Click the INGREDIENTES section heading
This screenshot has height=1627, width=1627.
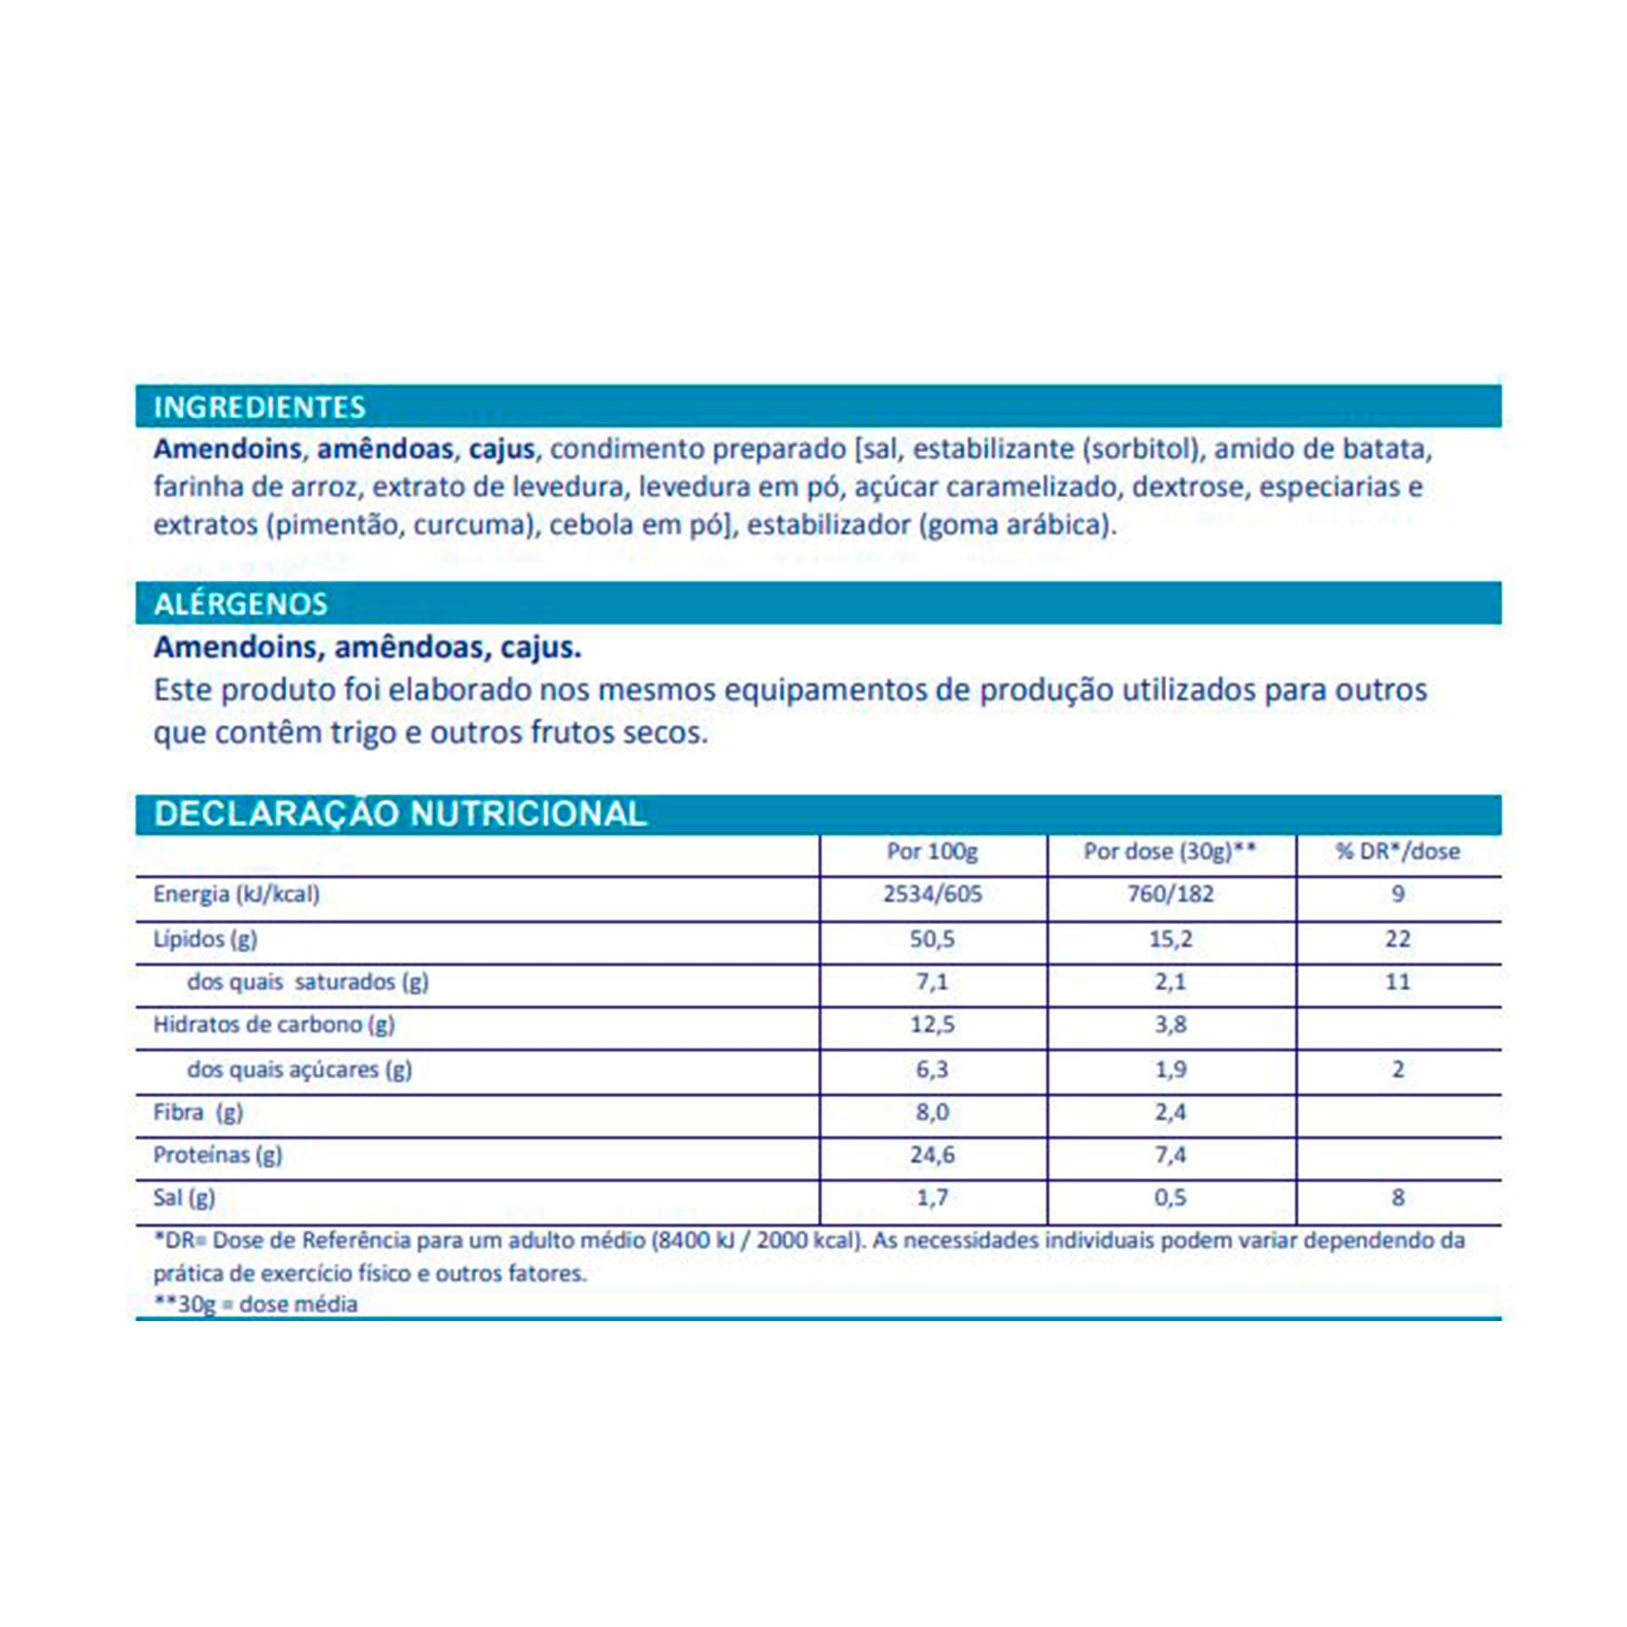(259, 408)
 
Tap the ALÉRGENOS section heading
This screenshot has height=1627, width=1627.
(241, 604)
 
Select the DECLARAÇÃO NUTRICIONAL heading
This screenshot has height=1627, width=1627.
(400, 813)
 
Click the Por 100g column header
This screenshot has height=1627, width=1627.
(932, 851)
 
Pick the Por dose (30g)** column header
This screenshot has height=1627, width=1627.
(1169, 851)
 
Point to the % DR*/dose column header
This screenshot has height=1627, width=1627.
(1397, 851)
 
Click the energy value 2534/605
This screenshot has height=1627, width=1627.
(932, 894)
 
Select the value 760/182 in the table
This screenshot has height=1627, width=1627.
(1169, 894)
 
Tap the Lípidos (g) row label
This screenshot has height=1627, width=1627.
(205, 939)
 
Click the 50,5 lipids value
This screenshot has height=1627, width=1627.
(932, 939)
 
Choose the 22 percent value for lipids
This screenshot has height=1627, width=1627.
(1397, 939)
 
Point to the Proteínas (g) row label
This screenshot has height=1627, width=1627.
(217, 1155)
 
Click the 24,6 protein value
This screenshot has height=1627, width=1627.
(932, 1155)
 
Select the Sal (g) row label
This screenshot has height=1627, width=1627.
(184, 1198)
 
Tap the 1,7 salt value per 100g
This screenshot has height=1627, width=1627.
(932, 1198)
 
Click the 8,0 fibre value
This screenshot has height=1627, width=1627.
(932, 1112)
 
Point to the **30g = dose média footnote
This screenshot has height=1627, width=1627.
(255, 1304)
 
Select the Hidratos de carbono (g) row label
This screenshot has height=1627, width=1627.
(274, 1025)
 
